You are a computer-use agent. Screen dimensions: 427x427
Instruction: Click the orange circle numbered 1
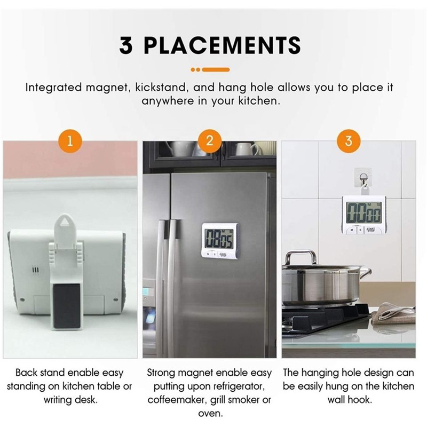(70, 141)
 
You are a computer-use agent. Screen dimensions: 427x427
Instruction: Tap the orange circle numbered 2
(209, 141)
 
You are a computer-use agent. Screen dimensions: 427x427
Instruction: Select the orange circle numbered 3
(349, 141)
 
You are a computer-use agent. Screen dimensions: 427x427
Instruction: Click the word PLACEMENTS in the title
(222, 45)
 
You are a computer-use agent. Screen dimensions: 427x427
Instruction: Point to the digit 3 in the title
(126, 45)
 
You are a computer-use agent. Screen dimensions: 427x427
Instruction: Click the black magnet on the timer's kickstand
(67, 306)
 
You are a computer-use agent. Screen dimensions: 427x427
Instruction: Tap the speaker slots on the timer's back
(36, 271)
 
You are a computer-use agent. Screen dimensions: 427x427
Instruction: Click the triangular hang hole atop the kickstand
(65, 223)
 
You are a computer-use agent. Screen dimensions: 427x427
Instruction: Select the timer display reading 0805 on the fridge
(219, 239)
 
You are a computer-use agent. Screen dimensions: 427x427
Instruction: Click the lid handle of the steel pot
(301, 257)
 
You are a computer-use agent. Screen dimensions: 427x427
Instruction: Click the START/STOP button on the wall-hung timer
(370, 230)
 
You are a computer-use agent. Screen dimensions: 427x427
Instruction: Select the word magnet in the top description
(106, 88)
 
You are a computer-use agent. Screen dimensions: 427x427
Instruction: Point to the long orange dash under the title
(216, 70)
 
